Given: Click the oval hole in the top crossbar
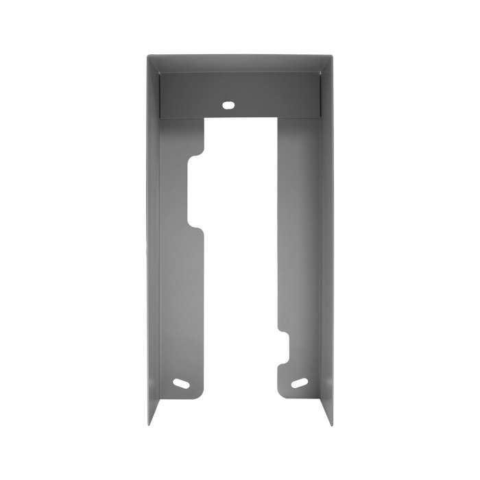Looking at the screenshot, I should [x=228, y=105].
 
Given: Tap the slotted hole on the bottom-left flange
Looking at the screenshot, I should [x=181, y=383].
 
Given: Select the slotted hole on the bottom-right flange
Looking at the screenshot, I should [x=300, y=383].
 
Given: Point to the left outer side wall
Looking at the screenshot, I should [x=153, y=240].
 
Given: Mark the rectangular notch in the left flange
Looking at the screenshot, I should [x=196, y=192].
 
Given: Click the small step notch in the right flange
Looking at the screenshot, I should [x=283, y=343].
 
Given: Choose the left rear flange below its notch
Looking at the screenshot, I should [x=182, y=309].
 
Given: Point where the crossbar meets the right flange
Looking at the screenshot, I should [x=278, y=118].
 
